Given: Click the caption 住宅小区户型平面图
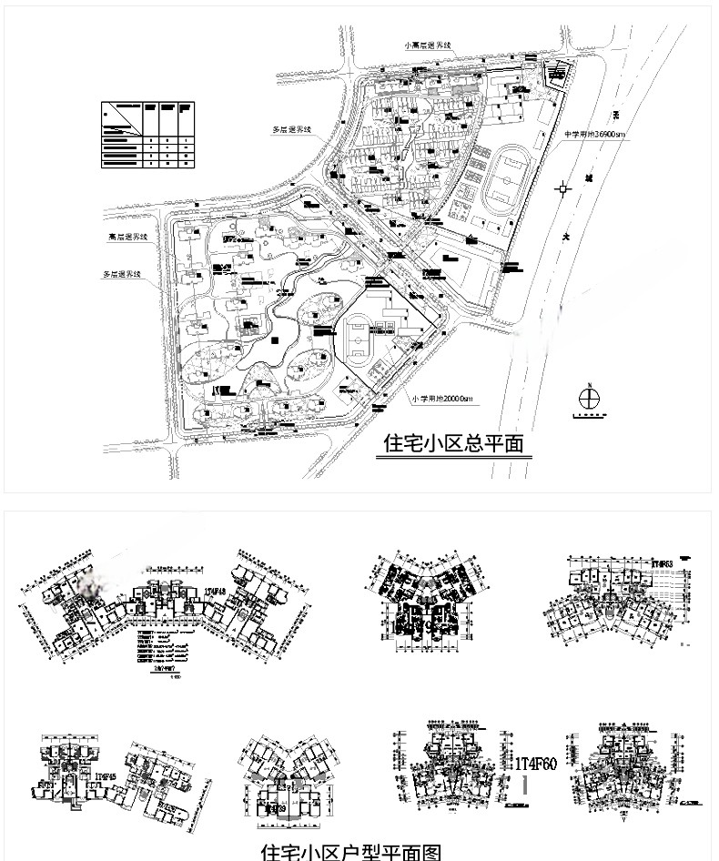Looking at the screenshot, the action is pyautogui.click(x=351, y=851).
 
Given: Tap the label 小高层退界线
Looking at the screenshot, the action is pyautogui.click(x=430, y=45).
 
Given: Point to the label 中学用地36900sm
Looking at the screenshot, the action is pyautogui.click(x=596, y=135).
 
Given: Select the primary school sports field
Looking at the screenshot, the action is pyautogui.click(x=361, y=339).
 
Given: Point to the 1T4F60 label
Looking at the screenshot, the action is pyautogui.click(x=535, y=763).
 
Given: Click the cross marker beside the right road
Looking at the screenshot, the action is pyautogui.click(x=564, y=188).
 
